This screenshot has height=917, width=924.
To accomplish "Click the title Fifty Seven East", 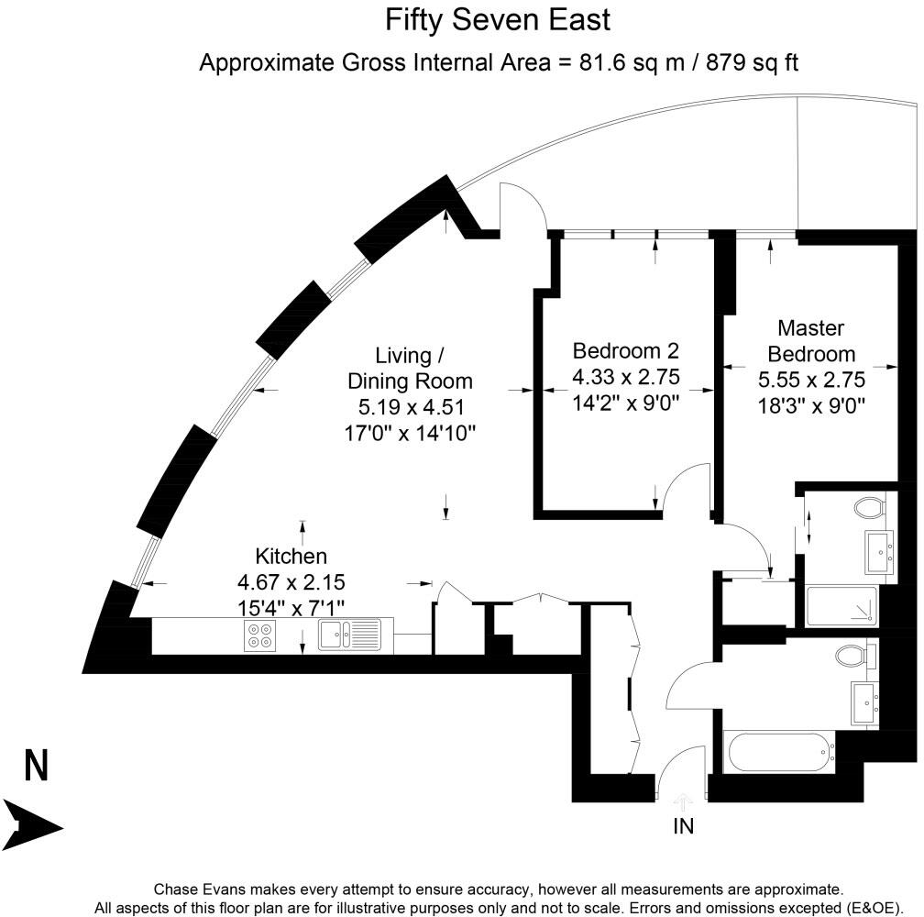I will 497,19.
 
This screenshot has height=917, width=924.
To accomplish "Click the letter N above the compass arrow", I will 36,767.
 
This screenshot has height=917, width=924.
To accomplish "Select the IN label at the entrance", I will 684,826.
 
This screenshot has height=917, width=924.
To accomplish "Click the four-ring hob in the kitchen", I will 261,635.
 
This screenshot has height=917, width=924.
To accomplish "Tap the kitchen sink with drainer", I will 349,635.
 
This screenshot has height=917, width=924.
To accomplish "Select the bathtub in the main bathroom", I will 779,751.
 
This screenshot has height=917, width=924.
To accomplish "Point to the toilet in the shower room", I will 866,505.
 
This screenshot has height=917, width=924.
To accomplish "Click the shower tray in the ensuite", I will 841,606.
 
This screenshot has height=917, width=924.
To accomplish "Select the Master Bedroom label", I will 811,341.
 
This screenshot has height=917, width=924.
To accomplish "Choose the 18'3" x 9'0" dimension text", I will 811,403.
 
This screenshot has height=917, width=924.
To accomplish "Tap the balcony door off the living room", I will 524,205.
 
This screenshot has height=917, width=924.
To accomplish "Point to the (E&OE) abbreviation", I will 874,907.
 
